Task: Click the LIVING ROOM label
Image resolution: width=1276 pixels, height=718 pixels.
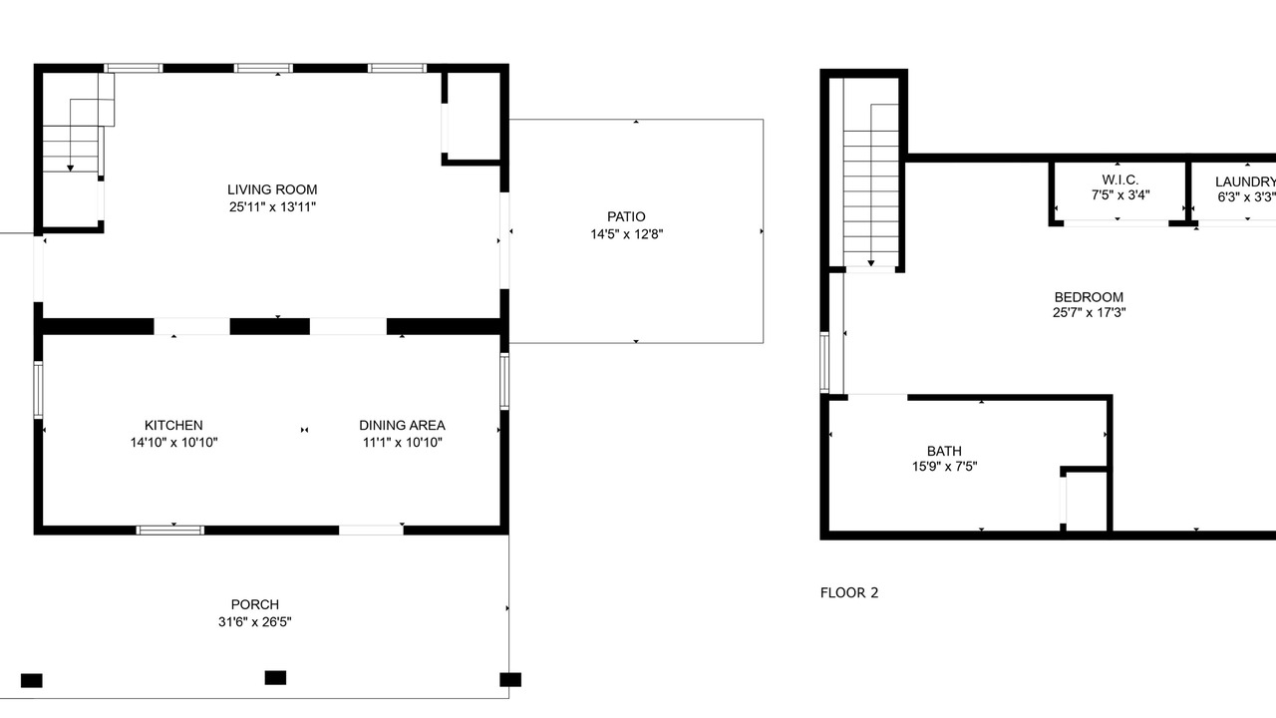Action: [272, 189]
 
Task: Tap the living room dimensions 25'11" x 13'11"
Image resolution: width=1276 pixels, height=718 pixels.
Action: [272, 206]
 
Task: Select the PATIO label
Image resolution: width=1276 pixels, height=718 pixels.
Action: [626, 216]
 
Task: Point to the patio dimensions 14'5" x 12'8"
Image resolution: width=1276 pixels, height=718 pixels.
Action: [627, 234]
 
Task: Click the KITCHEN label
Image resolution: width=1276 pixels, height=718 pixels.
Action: [173, 425]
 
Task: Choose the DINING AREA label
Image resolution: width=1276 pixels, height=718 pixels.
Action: [402, 425]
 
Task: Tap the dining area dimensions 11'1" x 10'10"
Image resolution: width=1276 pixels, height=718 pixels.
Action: [402, 442]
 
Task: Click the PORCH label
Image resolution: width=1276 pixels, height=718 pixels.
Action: [254, 604]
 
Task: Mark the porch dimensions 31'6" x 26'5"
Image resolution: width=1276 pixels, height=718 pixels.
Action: [254, 621]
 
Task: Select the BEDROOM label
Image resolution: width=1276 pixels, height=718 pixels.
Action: [1089, 297]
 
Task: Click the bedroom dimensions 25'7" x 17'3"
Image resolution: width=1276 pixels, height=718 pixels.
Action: [1090, 312]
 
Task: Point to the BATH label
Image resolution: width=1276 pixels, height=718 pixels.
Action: [944, 452]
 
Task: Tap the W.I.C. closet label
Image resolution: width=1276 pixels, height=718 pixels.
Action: [1119, 180]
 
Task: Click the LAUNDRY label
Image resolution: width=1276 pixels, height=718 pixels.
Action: [1245, 181]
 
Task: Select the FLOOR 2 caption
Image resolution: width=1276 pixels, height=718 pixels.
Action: [849, 593]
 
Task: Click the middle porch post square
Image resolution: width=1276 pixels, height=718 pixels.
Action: [276, 677]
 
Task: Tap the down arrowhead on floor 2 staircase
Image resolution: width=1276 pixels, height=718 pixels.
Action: [871, 263]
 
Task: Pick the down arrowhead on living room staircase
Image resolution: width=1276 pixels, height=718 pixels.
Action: [70, 169]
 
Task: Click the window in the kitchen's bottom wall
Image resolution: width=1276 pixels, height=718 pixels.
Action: [169, 531]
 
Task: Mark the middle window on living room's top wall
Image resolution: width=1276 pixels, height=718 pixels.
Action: [263, 69]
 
